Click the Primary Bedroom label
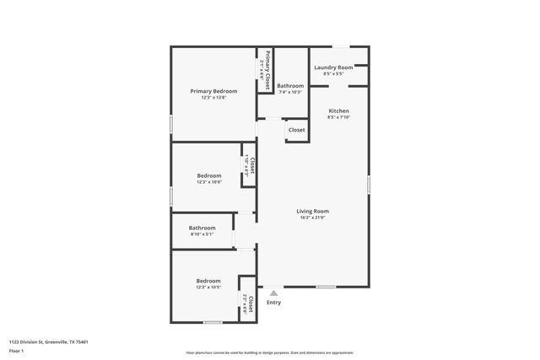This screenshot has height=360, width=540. pos(213,91)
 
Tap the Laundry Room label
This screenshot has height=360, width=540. pos(333,67)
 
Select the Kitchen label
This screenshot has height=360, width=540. pos(338,111)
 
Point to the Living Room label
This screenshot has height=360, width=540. pos(312,211)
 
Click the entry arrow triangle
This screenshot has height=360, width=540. pos(273,293)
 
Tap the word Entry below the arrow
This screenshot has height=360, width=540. pos(273,303)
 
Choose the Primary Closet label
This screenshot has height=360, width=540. pos(267,71)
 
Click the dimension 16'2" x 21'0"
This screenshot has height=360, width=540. pos(312,218)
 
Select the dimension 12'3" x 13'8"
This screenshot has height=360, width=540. pos(213,98)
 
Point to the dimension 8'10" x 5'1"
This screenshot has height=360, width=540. pos(202,234)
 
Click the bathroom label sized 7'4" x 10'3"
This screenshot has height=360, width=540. pos(290,85)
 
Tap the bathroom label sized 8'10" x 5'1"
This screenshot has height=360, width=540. pos(202,228)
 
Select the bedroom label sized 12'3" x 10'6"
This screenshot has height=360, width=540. pos(209,175)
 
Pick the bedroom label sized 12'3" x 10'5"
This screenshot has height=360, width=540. pos(209,281)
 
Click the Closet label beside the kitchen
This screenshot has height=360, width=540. pos(297,130)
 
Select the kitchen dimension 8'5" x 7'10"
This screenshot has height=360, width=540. pos(338,118)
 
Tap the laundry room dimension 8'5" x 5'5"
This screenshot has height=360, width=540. pos(333,74)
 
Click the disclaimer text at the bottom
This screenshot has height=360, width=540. pos(270,352)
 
